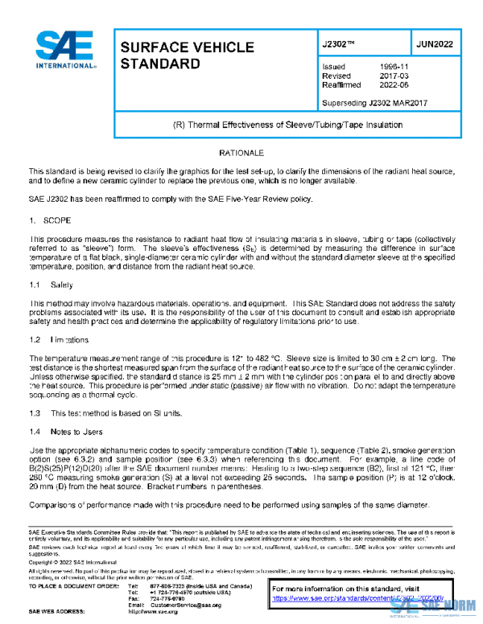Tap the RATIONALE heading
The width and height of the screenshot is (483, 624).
pyautogui.click(x=241, y=153)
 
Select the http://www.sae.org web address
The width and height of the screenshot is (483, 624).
pyautogui.click(x=167, y=612)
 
